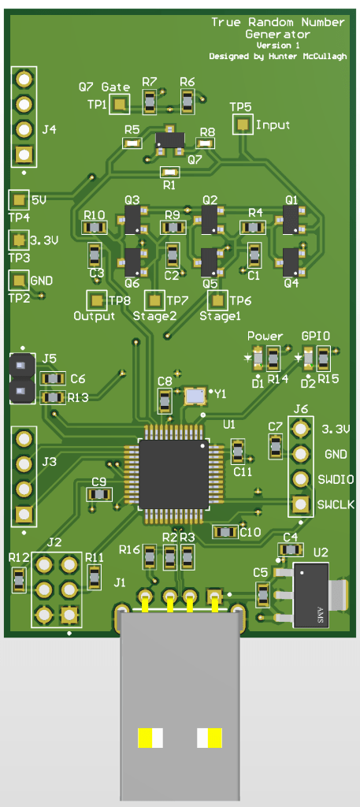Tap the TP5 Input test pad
pos(243,124)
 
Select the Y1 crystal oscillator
pos(195,396)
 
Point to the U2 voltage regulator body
pos(310,594)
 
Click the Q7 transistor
pos(169,139)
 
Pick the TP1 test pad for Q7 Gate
pos(121,105)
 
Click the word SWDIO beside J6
pos(336,480)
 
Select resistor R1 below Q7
pos(169,171)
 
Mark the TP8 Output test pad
pos(95,299)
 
